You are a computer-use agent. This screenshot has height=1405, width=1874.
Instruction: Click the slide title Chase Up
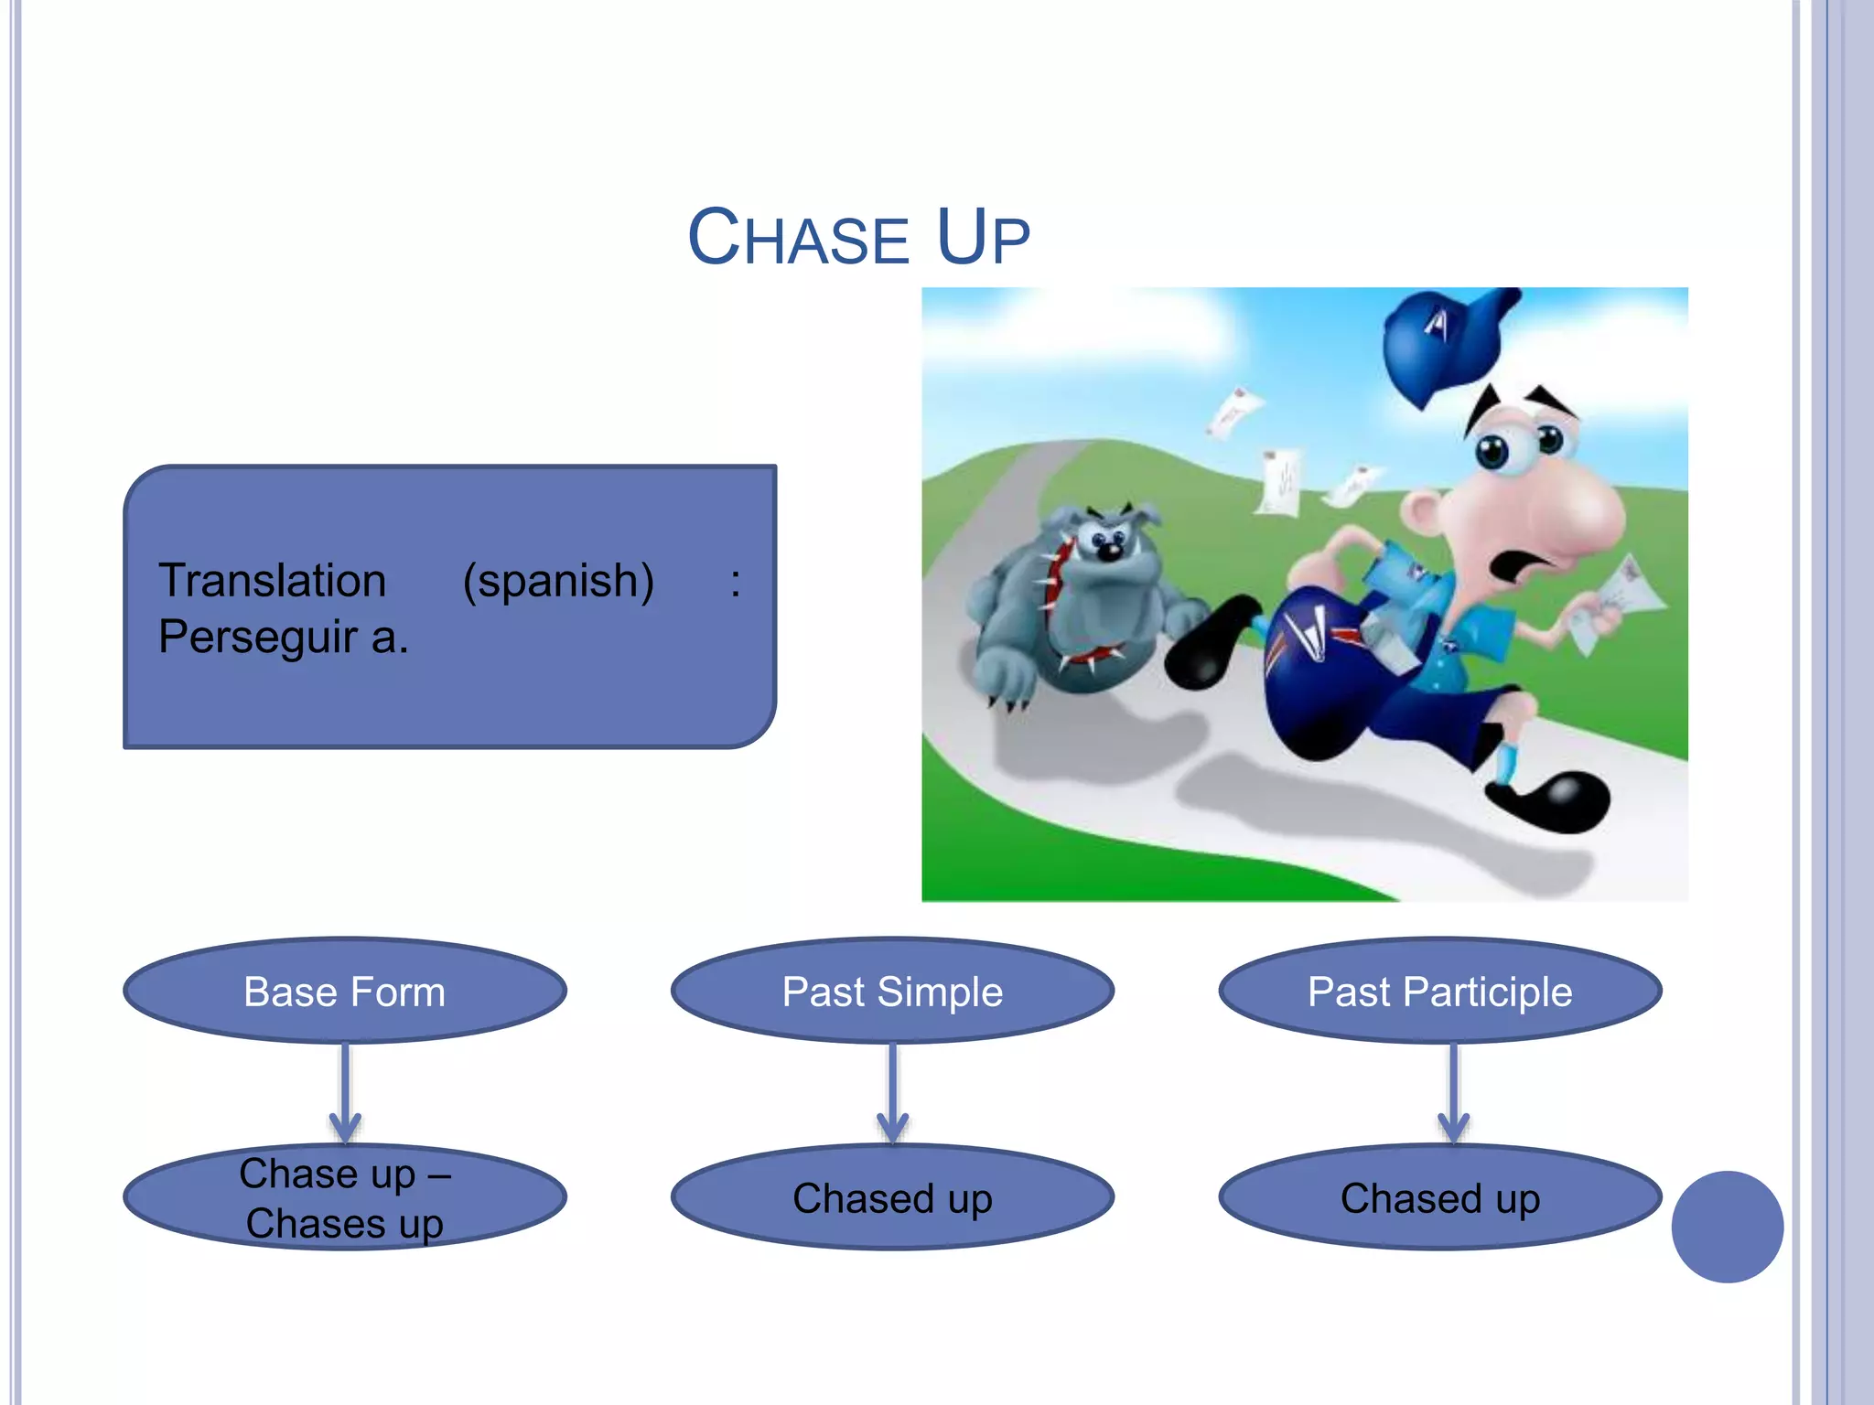(x=858, y=238)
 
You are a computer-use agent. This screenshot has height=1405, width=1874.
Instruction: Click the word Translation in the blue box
(x=272, y=581)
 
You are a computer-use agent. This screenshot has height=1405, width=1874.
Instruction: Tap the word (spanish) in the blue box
(x=558, y=581)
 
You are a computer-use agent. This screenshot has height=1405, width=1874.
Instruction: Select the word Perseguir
(x=257, y=638)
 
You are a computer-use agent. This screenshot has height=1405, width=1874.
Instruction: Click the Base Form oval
(x=345, y=992)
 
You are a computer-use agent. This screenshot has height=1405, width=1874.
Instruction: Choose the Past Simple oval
(x=892, y=992)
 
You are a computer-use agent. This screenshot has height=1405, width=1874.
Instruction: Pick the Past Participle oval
(x=1439, y=992)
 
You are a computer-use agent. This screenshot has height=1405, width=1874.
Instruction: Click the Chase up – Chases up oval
(x=345, y=1198)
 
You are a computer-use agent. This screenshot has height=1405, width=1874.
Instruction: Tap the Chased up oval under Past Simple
(x=892, y=1198)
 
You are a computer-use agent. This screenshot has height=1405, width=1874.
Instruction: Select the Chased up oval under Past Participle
(x=1439, y=1198)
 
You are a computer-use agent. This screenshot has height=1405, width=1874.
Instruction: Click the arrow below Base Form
(x=345, y=1093)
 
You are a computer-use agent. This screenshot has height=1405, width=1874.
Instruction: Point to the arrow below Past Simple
(x=892, y=1093)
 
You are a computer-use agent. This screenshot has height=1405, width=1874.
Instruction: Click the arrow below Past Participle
(x=1453, y=1093)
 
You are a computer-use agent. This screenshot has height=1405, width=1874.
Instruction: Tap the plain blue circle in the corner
(x=1727, y=1227)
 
